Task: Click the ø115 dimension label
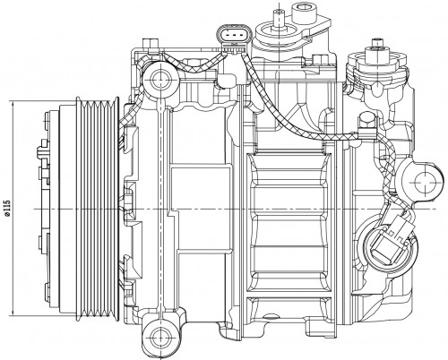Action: tap(7, 208)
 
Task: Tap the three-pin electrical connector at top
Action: tap(234, 37)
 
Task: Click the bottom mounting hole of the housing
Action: tap(160, 337)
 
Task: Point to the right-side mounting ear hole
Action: tap(425, 182)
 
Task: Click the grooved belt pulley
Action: tap(98, 208)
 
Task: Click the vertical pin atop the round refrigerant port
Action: tap(279, 17)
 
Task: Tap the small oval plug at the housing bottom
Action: tap(270, 316)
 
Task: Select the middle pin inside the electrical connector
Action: tap(234, 36)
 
